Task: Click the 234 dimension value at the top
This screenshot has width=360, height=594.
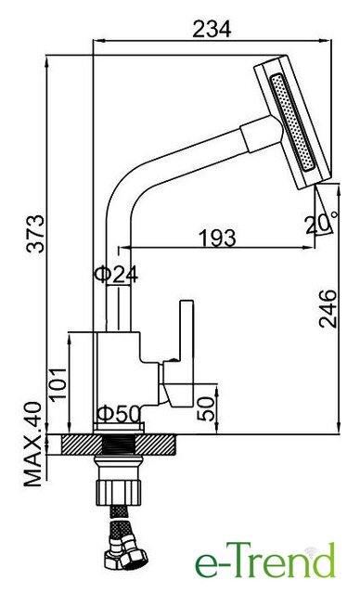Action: click(x=212, y=29)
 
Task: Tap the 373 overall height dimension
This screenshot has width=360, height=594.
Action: click(x=36, y=234)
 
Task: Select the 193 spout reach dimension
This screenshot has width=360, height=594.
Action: click(x=217, y=238)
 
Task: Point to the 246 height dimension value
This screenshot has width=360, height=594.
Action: click(x=328, y=309)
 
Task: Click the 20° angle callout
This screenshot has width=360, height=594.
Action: click(x=322, y=223)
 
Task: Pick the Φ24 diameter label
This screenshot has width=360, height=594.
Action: click(x=116, y=274)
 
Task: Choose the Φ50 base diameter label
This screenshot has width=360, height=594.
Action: click(x=120, y=414)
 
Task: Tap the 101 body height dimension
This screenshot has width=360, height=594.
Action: click(x=58, y=383)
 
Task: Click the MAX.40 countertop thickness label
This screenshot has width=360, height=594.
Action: click(x=32, y=445)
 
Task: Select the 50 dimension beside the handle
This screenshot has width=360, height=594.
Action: click(x=206, y=408)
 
